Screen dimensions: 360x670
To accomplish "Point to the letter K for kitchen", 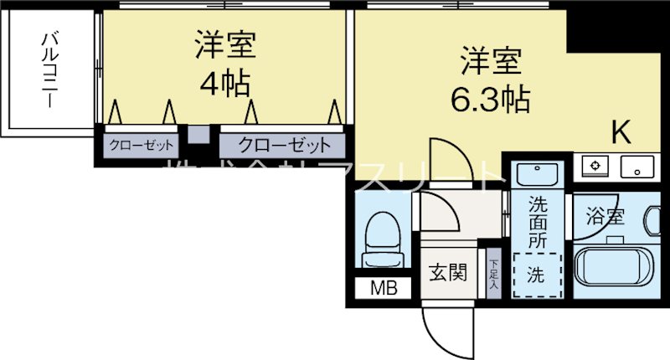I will click(621, 131).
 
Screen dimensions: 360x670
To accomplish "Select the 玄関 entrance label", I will click(448, 274).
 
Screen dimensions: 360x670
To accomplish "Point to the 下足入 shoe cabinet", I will click(493, 271).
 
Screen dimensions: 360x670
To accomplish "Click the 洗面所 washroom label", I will click(536, 221).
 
